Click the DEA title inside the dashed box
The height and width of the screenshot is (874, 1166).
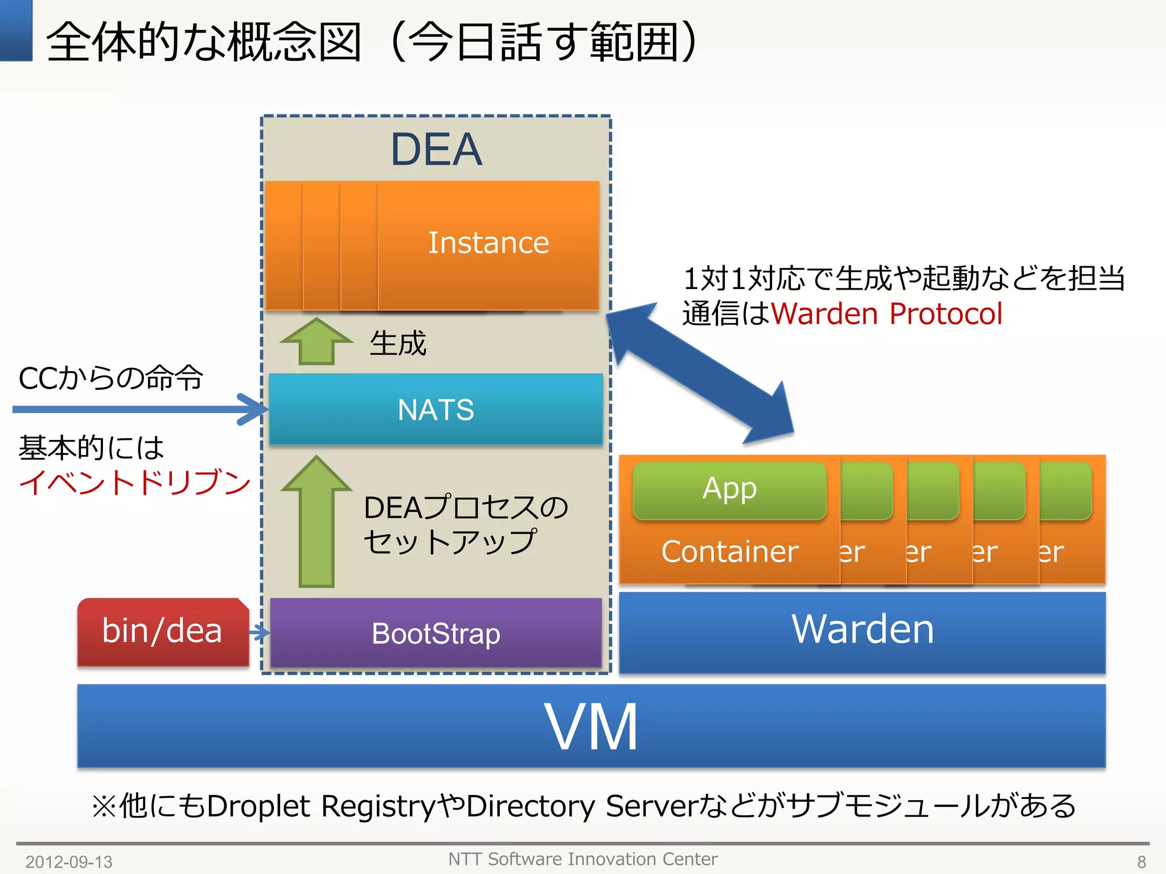[x=436, y=149]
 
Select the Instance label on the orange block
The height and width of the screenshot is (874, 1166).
[x=488, y=243]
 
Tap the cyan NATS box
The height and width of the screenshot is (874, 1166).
[x=436, y=409]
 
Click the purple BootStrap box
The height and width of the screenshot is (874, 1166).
[x=436, y=633]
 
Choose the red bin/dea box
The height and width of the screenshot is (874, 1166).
[x=162, y=632]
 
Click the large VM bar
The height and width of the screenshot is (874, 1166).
[x=591, y=727]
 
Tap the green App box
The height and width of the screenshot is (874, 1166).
[x=729, y=490]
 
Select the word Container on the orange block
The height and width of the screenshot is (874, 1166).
[x=729, y=552]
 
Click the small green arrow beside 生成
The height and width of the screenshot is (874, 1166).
[x=317, y=341]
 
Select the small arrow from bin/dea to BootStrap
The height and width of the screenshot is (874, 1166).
[x=260, y=633]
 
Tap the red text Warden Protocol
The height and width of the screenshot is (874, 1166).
[x=886, y=314]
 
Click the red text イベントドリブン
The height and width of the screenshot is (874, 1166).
[x=134, y=483]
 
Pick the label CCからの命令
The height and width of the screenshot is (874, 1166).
[x=110, y=378]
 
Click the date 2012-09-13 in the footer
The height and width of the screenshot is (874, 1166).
[x=69, y=861]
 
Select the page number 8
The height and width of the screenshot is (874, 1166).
[x=1141, y=861]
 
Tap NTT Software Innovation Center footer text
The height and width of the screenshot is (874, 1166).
[x=582, y=859]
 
